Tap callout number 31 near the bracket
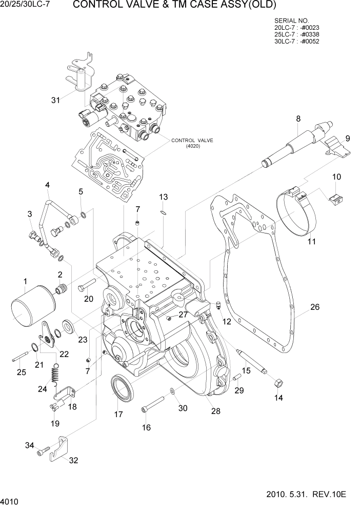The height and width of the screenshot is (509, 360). [55, 100]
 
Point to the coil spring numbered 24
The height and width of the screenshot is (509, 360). [56, 375]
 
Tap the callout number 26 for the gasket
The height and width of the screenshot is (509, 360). [315, 308]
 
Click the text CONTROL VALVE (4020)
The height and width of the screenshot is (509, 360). [192, 143]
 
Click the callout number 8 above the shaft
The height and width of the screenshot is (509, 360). [298, 119]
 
